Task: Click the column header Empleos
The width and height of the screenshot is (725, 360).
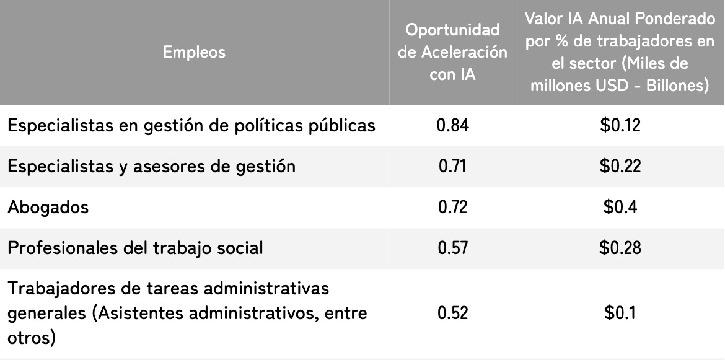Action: coord(194,52)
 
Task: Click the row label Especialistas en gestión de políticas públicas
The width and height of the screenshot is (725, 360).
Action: coord(191,125)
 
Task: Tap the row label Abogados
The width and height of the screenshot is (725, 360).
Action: coord(48,207)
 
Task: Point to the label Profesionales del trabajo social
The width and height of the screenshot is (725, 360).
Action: coord(136,248)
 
